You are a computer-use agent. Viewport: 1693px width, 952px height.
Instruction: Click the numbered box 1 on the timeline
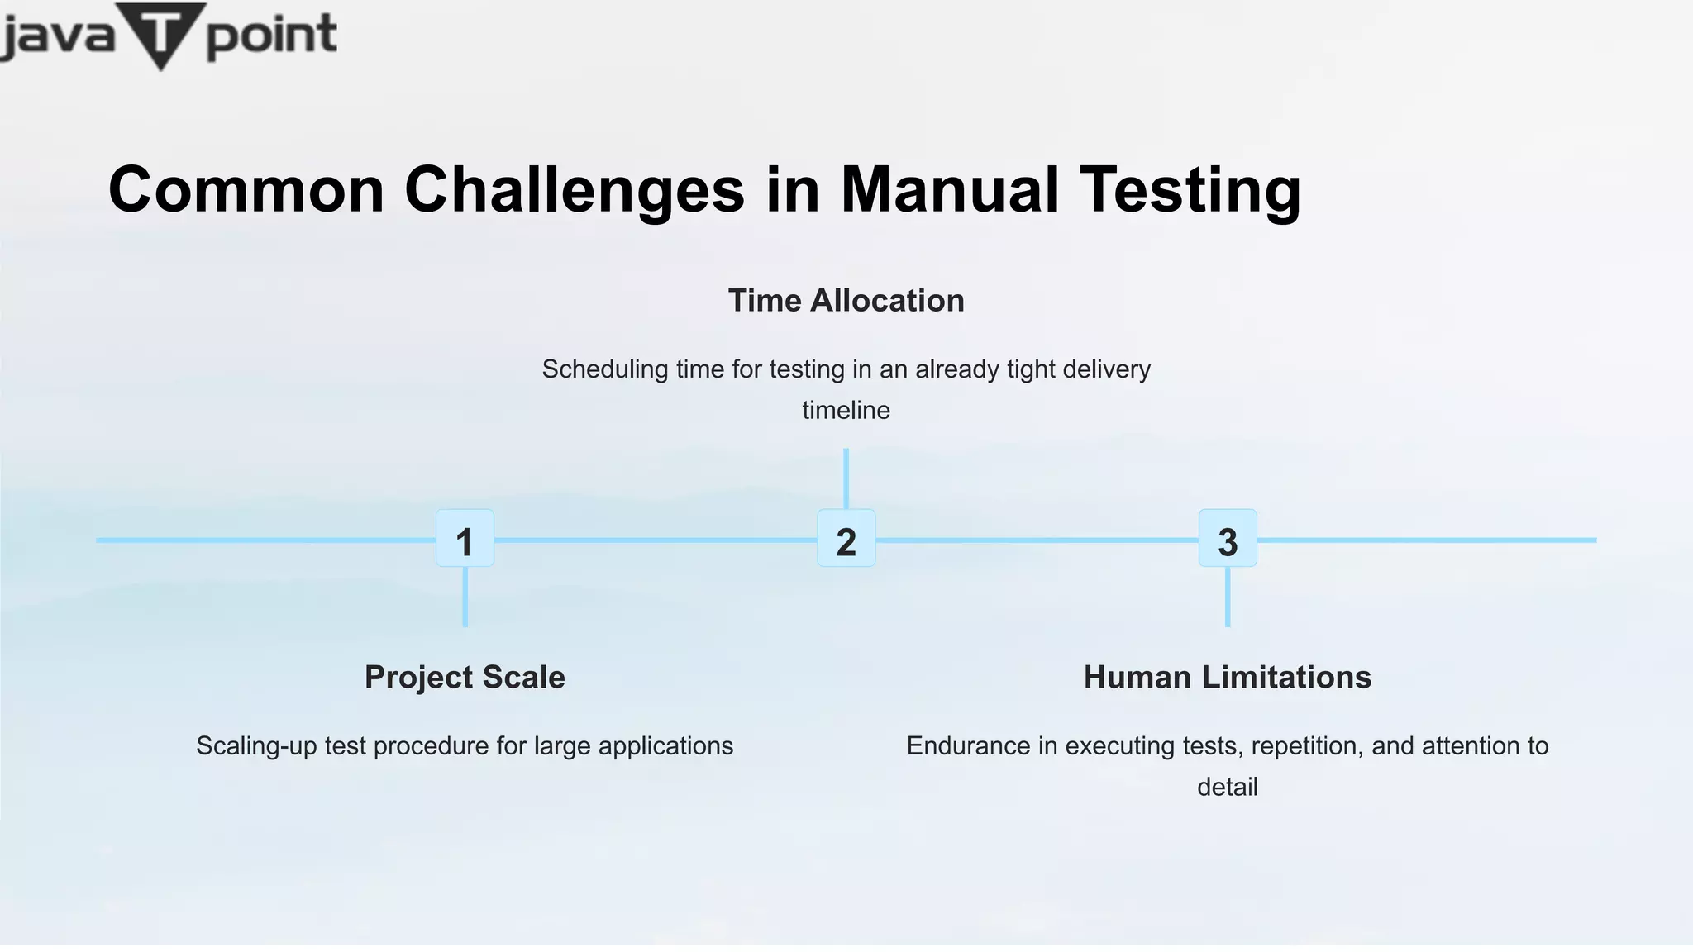click(465, 539)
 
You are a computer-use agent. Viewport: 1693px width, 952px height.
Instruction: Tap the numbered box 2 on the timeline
click(846, 539)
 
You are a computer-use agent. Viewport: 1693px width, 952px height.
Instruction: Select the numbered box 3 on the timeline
click(1228, 539)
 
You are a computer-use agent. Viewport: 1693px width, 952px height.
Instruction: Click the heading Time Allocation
click(846, 300)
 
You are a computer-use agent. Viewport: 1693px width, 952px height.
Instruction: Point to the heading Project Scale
click(465, 677)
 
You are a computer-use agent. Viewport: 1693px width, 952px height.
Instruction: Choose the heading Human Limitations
click(1228, 677)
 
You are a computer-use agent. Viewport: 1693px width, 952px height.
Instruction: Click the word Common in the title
click(246, 190)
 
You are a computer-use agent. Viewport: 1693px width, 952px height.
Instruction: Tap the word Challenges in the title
click(575, 190)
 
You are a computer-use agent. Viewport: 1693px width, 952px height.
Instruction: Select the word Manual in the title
click(950, 190)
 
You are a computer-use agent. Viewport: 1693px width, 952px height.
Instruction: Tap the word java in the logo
click(56, 36)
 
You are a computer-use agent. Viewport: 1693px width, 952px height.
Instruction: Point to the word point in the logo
click(271, 36)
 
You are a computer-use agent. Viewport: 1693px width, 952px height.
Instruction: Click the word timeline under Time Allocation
click(846, 410)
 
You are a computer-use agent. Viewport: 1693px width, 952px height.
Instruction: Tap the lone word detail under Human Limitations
click(1228, 787)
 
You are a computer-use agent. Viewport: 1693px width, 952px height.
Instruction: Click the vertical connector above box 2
click(846, 478)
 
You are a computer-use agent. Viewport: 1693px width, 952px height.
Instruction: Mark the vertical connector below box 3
click(1228, 597)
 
